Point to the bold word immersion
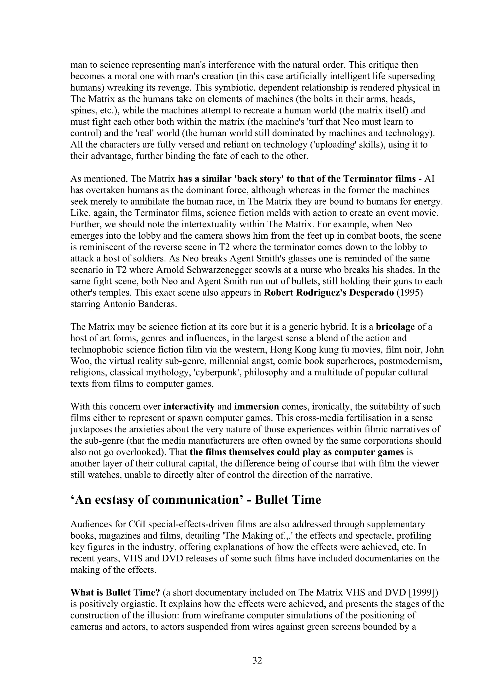tap(257, 406)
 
